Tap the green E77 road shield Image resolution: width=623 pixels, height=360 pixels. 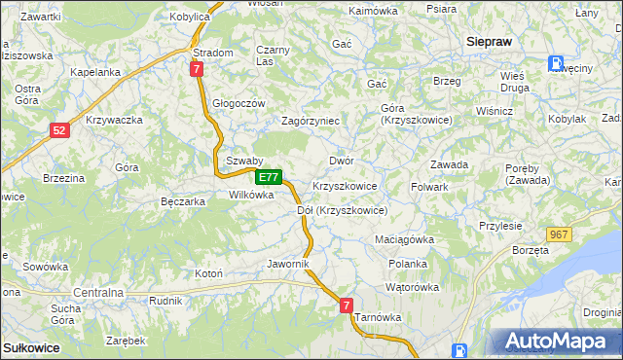click(x=270, y=178)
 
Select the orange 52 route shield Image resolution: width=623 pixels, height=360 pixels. click(x=60, y=129)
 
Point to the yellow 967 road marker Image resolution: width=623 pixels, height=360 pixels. click(x=559, y=234)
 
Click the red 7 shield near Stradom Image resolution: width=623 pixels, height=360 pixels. click(x=197, y=69)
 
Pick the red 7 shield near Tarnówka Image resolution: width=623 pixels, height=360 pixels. click(x=346, y=306)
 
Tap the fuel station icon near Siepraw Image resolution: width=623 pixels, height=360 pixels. click(x=555, y=63)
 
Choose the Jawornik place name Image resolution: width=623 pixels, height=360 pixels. click(x=288, y=264)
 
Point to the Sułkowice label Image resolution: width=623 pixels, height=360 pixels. click(x=31, y=347)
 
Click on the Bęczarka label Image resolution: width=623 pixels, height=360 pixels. click(x=182, y=201)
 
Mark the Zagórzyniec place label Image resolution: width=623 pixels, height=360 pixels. click(x=310, y=121)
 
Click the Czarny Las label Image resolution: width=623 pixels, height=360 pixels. click(x=274, y=55)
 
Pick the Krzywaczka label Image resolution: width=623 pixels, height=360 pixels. click(x=115, y=120)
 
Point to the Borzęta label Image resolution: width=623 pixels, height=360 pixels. click(x=531, y=250)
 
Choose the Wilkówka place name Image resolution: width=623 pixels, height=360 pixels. click(x=251, y=195)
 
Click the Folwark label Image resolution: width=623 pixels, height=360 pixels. click(x=429, y=186)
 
